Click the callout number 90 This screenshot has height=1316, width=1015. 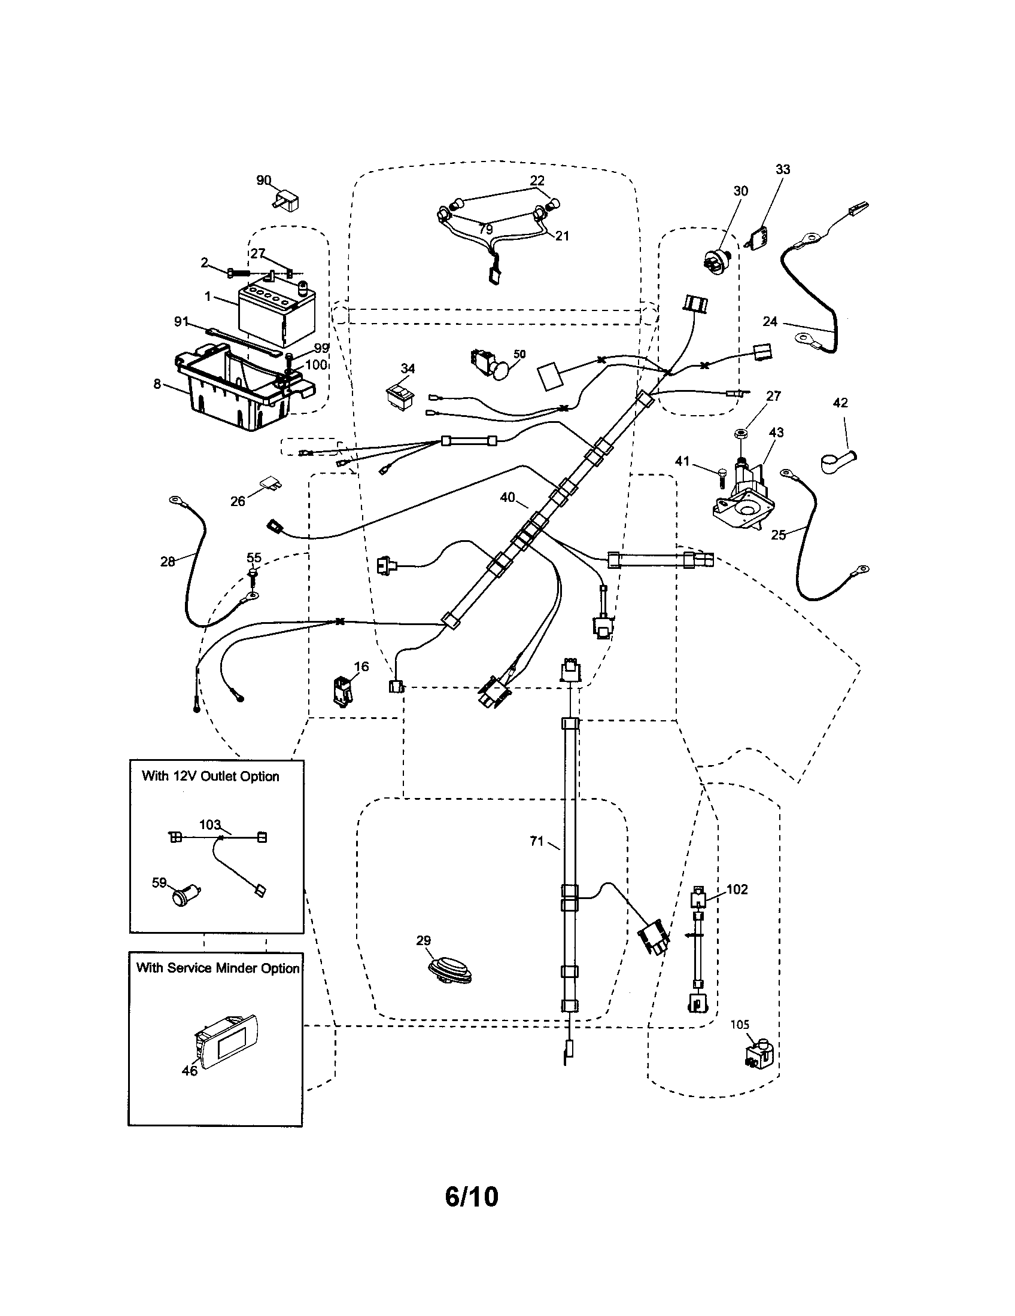263,180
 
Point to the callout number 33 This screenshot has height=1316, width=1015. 782,169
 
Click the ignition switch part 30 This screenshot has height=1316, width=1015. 716,260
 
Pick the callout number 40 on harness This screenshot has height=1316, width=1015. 508,497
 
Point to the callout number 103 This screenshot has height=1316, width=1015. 209,824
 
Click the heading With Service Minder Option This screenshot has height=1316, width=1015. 218,968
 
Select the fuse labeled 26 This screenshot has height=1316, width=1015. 269,484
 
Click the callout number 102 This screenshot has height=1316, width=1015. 737,889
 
